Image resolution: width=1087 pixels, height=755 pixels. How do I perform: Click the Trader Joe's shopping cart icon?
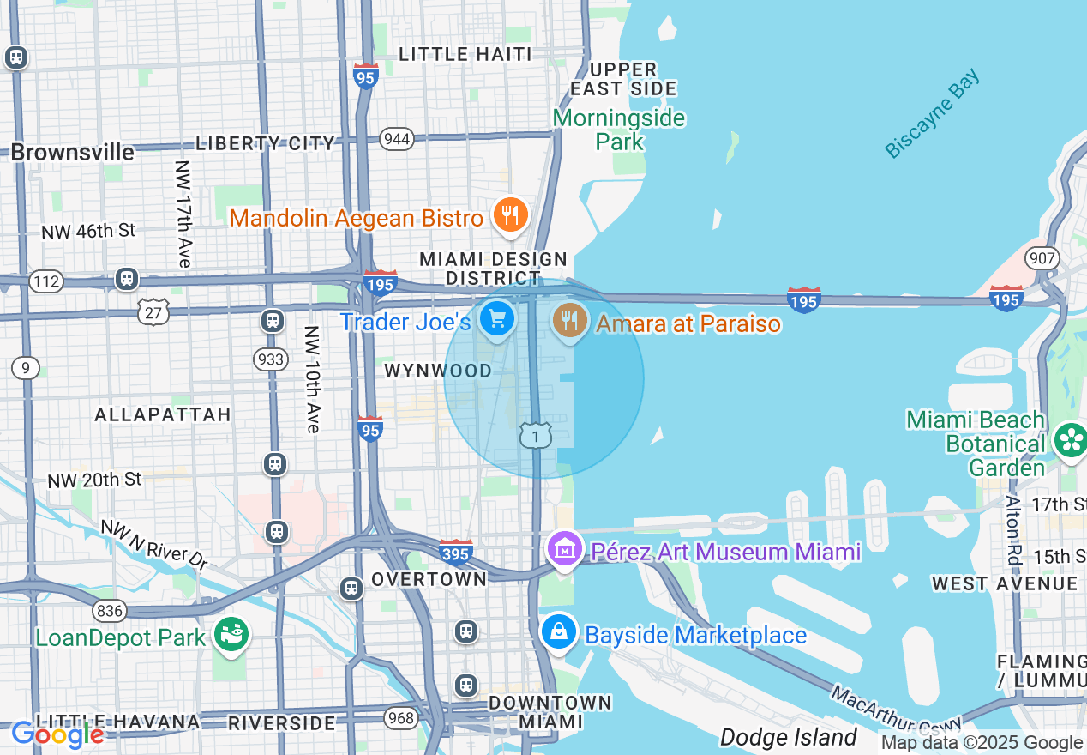[496, 319]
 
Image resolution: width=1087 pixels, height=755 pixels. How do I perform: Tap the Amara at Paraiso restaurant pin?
[568, 320]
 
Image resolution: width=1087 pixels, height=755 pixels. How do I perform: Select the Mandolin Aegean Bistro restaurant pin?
[510, 214]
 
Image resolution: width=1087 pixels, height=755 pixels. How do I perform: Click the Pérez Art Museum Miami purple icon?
[566, 550]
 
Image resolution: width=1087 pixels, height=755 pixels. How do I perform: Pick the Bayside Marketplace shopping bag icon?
[558, 633]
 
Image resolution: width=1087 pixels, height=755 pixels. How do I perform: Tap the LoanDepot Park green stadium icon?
[231, 636]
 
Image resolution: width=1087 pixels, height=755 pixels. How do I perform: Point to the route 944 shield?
[397, 139]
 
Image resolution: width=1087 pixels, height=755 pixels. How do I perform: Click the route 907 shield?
[1042, 257]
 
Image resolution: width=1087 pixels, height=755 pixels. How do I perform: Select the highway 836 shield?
[111, 611]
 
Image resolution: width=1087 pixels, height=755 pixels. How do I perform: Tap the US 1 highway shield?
[536, 437]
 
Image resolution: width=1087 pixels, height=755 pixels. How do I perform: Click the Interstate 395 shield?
[455, 553]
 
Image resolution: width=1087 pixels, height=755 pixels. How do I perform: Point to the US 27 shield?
[153, 311]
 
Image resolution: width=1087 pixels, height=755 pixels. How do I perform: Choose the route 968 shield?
[400, 718]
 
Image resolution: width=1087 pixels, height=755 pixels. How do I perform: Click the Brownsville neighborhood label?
[73, 153]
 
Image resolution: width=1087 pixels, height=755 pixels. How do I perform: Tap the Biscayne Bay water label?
[932, 115]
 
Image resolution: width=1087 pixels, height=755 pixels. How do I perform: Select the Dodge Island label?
[788, 737]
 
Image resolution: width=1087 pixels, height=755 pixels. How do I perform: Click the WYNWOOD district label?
[438, 371]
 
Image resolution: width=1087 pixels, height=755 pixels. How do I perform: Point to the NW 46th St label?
[88, 231]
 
